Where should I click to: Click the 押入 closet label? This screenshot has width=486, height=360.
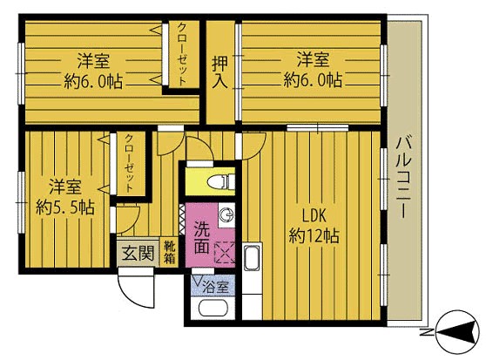tap(221, 71)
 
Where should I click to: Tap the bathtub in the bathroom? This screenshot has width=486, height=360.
tap(213, 309)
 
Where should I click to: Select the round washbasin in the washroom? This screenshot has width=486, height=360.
tap(225, 215)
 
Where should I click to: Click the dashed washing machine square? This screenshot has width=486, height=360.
tap(225, 251)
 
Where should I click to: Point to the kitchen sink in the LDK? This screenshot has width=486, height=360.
tap(252, 259)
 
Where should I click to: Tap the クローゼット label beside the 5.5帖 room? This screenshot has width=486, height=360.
tap(128, 163)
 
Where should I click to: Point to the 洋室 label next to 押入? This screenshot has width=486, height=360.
tap(312, 60)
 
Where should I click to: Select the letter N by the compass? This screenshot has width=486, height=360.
tap(422, 333)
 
